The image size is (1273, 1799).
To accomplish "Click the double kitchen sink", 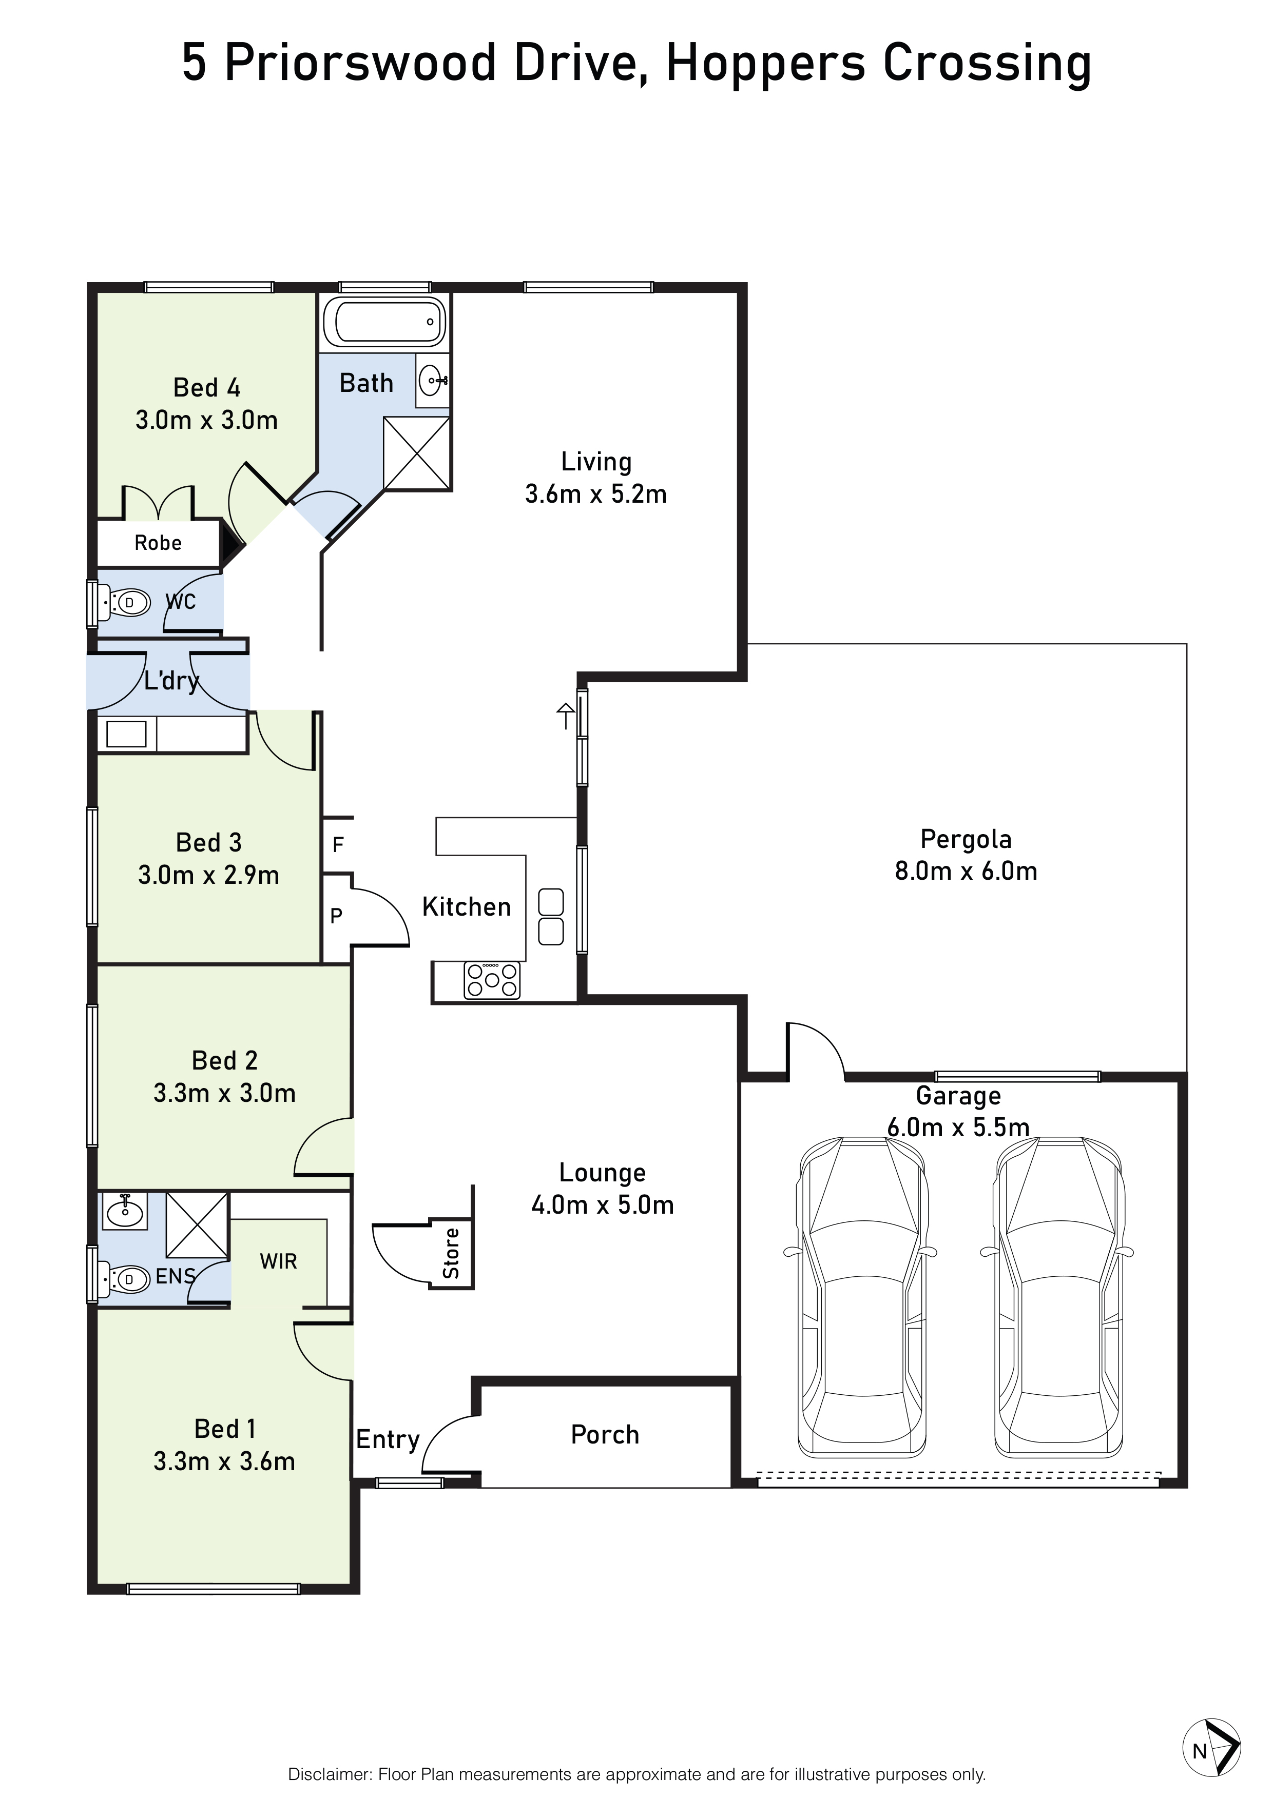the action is [551, 916].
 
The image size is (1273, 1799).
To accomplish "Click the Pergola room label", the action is [966, 839].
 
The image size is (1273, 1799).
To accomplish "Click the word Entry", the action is [388, 1439].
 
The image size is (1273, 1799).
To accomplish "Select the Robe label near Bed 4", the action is [158, 543].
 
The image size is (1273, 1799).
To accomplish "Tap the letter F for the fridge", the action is [338, 845].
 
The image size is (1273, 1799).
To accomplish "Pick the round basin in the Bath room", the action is [432, 382].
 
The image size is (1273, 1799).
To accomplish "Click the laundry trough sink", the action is [126, 734].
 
